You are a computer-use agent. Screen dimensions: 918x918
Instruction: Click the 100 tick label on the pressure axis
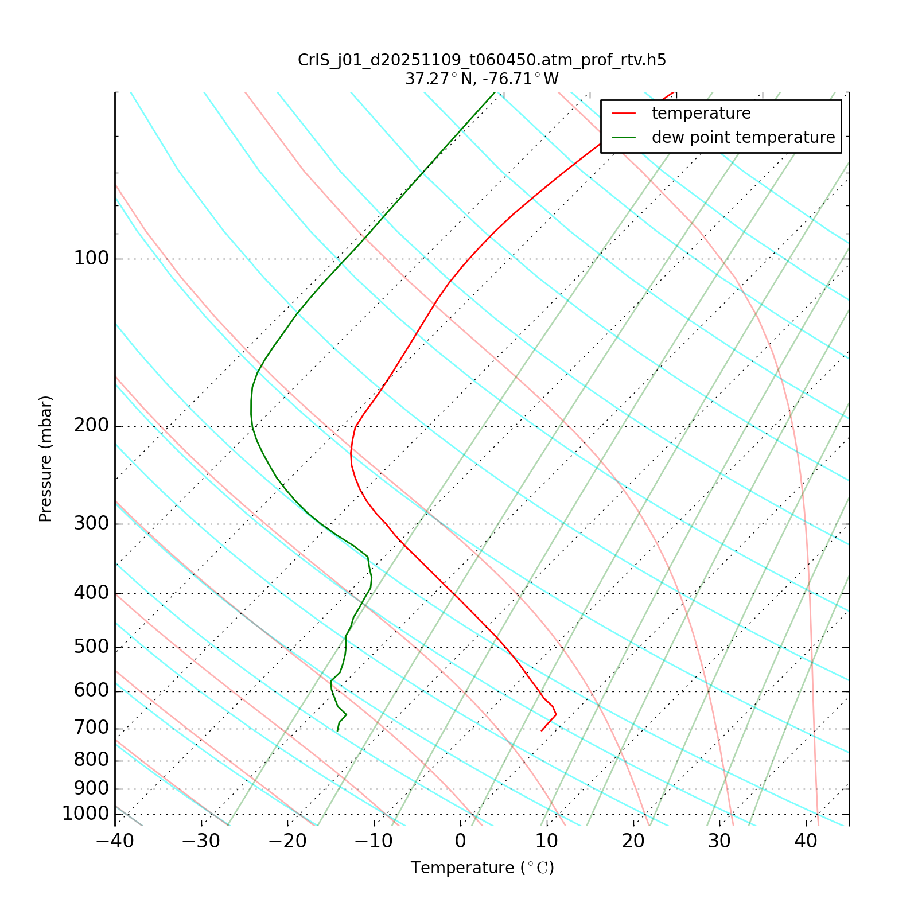[91, 259]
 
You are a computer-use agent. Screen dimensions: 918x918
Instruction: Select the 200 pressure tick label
[91, 426]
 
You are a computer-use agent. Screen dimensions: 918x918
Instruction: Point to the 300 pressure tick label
[91, 524]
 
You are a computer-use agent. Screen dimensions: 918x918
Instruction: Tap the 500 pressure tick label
[91, 647]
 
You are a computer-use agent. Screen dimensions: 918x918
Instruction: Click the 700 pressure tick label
[91, 729]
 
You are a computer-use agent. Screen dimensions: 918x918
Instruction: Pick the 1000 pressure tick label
[85, 814]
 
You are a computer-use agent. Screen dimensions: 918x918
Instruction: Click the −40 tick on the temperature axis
[115, 841]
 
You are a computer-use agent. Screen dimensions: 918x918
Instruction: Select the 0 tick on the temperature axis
[460, 841]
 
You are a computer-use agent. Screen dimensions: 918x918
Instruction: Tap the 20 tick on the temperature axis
[633, 841]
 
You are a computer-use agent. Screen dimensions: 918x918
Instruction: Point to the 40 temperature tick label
[806, 841]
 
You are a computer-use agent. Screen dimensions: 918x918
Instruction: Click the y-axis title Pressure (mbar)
[46, 459]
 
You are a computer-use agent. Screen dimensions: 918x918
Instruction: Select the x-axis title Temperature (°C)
[482, 868]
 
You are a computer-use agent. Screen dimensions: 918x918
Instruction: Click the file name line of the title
[482, 60]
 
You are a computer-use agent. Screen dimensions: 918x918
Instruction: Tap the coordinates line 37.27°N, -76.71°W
[482, 79]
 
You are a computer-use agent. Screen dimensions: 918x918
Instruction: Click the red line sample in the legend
[624, 114]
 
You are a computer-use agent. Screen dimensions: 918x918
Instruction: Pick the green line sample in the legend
[624, 138]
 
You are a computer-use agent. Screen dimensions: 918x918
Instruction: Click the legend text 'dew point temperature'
[743, 138]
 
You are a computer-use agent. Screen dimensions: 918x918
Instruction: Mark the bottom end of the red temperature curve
[541, 730]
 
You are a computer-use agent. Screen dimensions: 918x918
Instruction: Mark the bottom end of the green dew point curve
[337, 730]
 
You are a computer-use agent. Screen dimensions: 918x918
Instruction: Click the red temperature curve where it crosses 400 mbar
[453, 593]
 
